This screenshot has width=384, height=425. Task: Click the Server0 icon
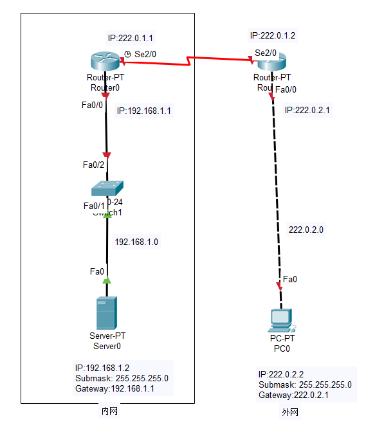tap(107, 313)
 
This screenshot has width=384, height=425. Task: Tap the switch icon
tap(107, 187)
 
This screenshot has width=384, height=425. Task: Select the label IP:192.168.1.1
tap(144, 111)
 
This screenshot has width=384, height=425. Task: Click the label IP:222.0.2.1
tap(307, 110)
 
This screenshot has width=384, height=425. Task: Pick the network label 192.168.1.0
tap(136, 242)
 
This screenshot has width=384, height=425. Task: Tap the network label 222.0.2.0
tap(306, 230)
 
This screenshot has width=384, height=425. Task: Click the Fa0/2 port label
tap(93, 165)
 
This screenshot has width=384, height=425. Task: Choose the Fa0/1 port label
tap(94, 206)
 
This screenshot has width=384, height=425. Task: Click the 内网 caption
tap(109, 411)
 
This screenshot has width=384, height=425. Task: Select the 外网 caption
tap(290, 412)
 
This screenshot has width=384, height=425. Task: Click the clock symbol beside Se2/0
tap(127, 53)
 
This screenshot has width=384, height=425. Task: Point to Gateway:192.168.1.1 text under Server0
tap(114, 389)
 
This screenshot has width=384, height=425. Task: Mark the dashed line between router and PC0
tap(277, 193)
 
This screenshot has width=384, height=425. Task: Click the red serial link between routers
tap(187, 61)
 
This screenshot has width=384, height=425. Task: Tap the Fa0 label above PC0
tap(290, 279)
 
